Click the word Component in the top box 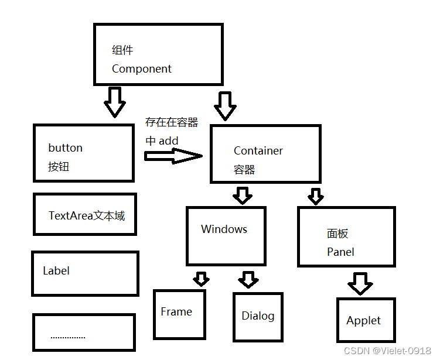click(x=142, y=69)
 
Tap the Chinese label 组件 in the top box click(x=123, y=50)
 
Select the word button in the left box click(x=65, y=148)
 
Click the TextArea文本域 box click(x=85, y=214)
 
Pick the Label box click(x=85, y=273)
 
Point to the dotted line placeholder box click(x=84, y=332)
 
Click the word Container click(x=258, y=151)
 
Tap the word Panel click(x=340, y=252)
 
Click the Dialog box click(x=258, y=317)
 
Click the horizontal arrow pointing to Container click(x=173, y=156)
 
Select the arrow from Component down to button click(x=115, y=102)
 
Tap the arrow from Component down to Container click(x=225, y=106)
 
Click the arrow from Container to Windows click(x=241, y=195)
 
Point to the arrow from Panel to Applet click(x=360, y=283)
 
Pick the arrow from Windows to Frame click(x=202, y=279)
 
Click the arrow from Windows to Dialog click(x=248, y=279)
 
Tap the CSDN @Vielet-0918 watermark click(x=387, y=351)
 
